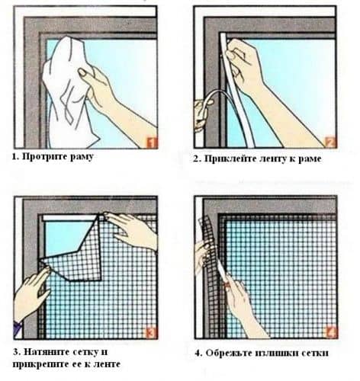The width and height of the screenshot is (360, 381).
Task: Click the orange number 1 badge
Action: coord(151,143)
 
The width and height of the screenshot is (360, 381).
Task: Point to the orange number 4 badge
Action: coord(330,333)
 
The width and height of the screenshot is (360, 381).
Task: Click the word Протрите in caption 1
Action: coord(45,157)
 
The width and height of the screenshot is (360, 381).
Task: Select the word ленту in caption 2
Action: coord(275,159)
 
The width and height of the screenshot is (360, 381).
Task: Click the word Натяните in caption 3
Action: coord(47,352)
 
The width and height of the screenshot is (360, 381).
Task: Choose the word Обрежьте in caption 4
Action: coord(230,353)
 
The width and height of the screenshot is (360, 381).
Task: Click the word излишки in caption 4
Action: coord(278,353)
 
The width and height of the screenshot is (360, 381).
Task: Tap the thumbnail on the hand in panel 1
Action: coord(82,72)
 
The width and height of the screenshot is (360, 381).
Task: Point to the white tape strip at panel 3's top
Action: coord(70,217)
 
